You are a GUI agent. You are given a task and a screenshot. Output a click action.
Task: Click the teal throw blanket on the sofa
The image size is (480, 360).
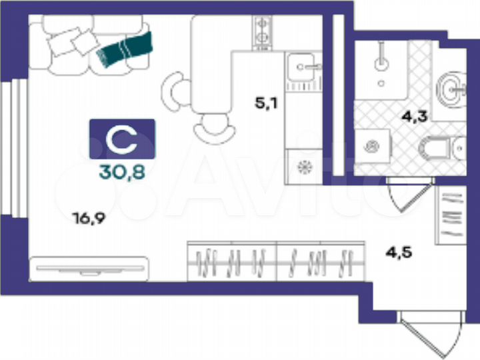click(x=125, y=50)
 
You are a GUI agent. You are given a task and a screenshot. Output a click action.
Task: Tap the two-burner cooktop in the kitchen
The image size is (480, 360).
click(x=262, y=31)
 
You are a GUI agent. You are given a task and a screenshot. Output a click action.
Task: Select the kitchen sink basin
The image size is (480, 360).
click(x=303, y=67)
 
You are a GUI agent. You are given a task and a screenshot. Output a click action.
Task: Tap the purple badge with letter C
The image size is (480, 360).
click(x=122, y=139)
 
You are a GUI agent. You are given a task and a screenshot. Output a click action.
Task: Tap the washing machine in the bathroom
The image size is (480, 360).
click(x=371, y=146)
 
